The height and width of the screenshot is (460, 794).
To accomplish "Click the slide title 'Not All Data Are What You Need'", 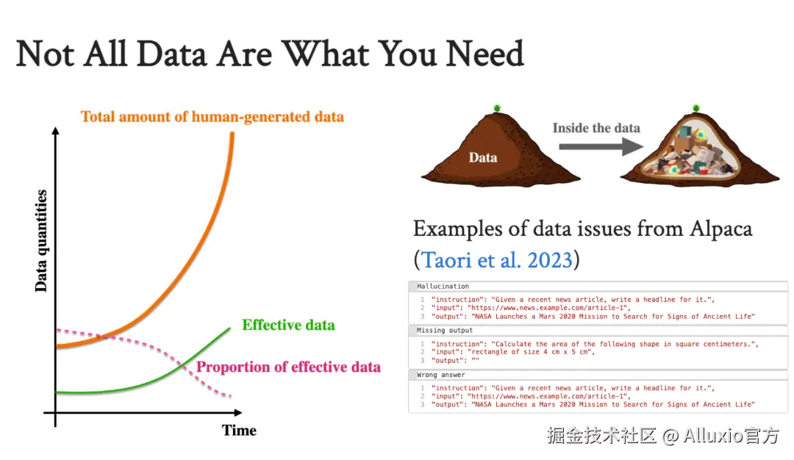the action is click(270, 54).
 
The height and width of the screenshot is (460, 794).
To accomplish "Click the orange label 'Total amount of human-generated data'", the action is click(212, 117).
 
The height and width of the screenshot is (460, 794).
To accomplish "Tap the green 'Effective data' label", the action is click(288, 325).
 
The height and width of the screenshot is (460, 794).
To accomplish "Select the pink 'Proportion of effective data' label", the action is click(288, 367).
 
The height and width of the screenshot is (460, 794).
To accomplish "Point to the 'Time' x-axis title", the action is click(239, 431).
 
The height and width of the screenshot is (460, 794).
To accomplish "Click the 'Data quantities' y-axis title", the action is click(41, 241).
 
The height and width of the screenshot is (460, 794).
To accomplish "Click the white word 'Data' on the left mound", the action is click(482, 158).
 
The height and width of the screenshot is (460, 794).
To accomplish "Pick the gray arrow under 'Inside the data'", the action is click(601, 147).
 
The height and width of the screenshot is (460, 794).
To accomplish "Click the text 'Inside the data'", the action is click(596, 128).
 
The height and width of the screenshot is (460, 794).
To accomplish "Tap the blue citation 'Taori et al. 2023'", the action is click(497, 260).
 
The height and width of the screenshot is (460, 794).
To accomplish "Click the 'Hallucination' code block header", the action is click(443, 287).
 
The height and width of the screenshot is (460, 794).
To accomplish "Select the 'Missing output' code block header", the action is click(445, 331).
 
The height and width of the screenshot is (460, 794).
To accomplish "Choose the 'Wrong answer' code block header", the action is click(440, 375).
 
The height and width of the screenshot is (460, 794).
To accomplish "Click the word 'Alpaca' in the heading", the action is click(720, 229).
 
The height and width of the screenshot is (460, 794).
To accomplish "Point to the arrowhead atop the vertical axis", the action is click(56, 131).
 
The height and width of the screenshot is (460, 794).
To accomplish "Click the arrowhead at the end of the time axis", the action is click(238, 413).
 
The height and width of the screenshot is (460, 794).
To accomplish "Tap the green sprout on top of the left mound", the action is click(497, 108).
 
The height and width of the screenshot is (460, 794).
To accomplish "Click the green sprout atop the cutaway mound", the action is click(696, 108).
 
